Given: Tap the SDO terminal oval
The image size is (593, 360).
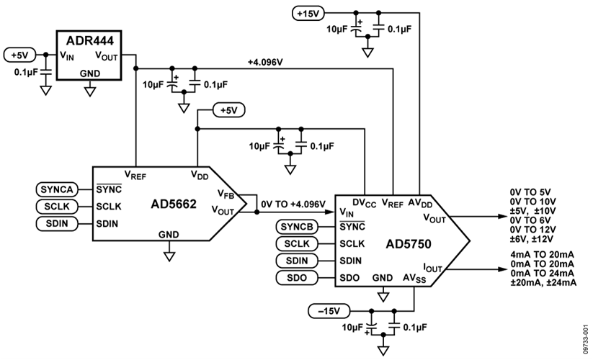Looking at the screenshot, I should click(x=295, y=278).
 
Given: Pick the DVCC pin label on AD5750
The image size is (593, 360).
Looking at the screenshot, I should click(x=365, y=203).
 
